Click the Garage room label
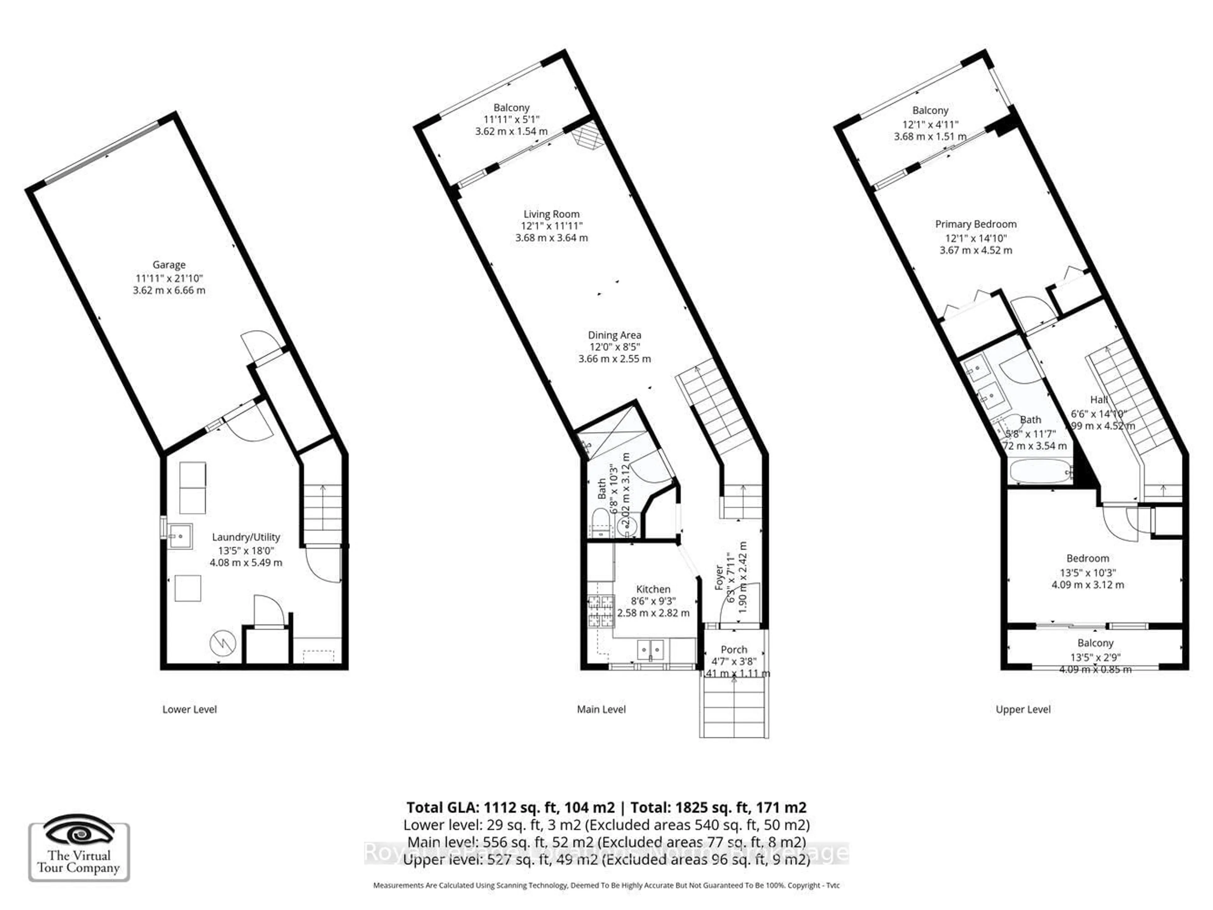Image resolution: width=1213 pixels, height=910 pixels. (x=169, y=265)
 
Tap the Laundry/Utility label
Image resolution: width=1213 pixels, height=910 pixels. (x=246, y=537)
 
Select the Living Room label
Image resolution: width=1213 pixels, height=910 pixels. (x=551, y=214)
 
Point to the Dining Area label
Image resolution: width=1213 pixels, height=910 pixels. (x=614, y=335)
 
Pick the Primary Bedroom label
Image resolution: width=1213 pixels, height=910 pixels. (x=975, y=224)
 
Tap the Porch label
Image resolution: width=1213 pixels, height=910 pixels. (x=734, y=650)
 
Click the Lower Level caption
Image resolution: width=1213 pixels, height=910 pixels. (x=190, y=709)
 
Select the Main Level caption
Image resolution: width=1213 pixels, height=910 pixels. (x=601, y=709)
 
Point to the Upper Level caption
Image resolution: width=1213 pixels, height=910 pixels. (x=1023, y=709)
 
